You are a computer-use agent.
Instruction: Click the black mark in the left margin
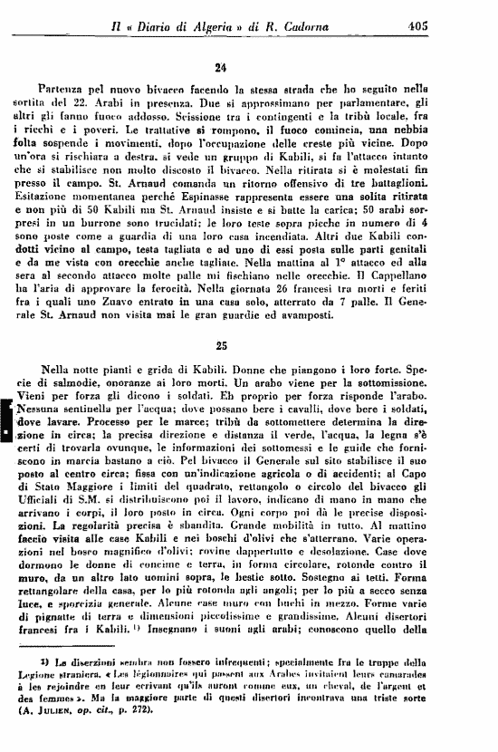7,419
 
